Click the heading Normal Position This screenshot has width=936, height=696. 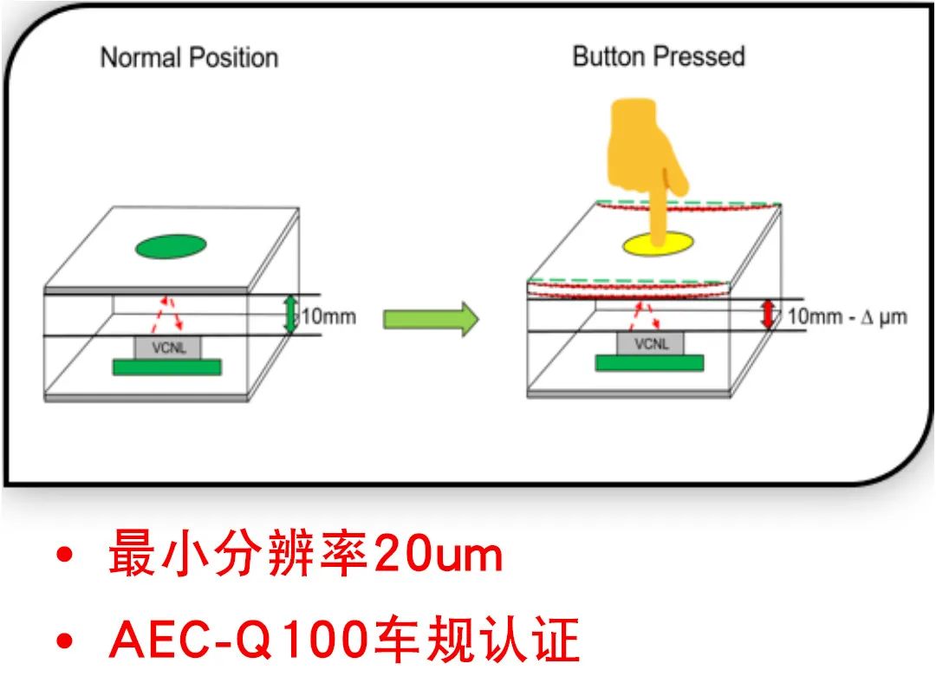coord(189,58)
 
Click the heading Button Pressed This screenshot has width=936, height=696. coord(659,56)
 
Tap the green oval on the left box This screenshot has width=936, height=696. coord(171,246)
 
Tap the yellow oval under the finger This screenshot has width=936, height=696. coord(659,244)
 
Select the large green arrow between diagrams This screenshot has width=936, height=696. coord(431,319)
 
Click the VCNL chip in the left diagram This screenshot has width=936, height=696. coord(168,348)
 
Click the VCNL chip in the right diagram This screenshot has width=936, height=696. coord(651,343)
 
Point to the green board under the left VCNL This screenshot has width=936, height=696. coord(167,368)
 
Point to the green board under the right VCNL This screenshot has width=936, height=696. coord(649,363)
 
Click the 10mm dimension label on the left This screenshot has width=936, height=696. coord(329,315)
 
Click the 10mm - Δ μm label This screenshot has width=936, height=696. coord(847,316)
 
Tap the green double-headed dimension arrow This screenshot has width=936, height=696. coord(290,315)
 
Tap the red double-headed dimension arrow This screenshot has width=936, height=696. coord(768,314)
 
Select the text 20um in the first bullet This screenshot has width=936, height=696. coord(439,555)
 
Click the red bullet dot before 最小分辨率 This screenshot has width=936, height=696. coord(64,555)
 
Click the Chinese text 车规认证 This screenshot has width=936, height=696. coord(477,640)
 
